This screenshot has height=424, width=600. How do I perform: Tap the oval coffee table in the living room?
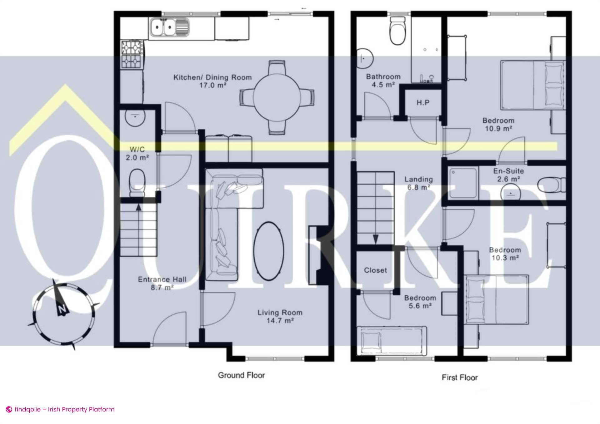coord(269,250)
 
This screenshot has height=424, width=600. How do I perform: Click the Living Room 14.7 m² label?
coord(280,316)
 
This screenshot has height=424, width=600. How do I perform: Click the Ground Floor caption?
coord(241,375)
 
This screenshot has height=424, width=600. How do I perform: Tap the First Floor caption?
coord(459,377)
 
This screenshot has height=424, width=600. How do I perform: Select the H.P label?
coord(423,102)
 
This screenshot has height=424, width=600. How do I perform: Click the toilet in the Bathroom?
coord(398,31)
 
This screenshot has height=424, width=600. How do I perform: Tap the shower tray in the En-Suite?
coord(463,184)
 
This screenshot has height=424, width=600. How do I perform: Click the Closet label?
coord(375,270)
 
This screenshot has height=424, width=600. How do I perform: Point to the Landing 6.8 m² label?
coord(418,183)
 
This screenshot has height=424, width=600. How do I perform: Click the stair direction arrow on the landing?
coord(376,239)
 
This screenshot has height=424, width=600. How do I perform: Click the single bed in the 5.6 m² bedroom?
coord(392,341)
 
